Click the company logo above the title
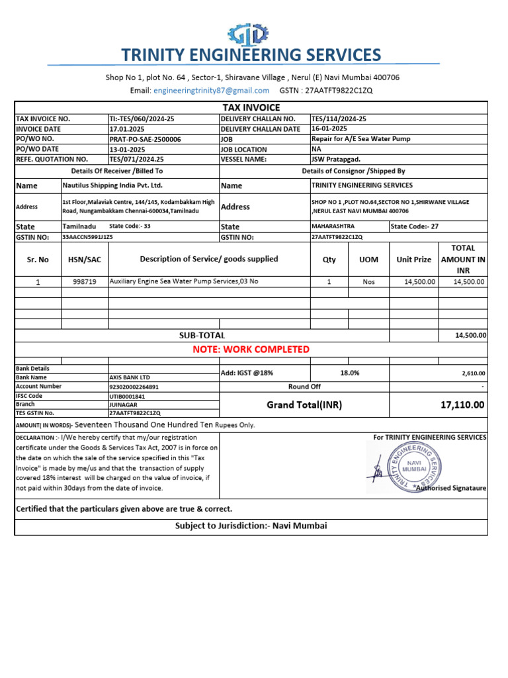pyautogui.click(x=248, y=34)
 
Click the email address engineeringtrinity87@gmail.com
pyautogui.click(x=211, y=90)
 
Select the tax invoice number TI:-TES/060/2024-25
pyautogui.click(x=142, y=119)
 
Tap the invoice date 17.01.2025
pyautogui.click(x=126, y=129)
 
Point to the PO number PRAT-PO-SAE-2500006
pyautogui.click(x=145, y=140)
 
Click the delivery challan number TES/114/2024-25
pyautogui.click(x=339, y=119)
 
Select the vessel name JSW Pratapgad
pyautogui.click(x=335, y=160)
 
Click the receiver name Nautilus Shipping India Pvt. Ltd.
pyautogui.click(x=112, y=185)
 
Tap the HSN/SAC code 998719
pyautogui.click(x=85, y=281)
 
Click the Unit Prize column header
pyautogui.click(x=413, y=260)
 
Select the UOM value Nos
pyautogui.click(x=368, y=281)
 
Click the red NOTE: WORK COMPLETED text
pyautogui.click(x=251, y=349)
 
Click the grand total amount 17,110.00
pyautogui.click(x=462, y=405)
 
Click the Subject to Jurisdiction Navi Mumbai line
pyautogui.click(x=251, y=526)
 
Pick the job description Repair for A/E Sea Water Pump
pyautogui.click(x=360, y=140)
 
